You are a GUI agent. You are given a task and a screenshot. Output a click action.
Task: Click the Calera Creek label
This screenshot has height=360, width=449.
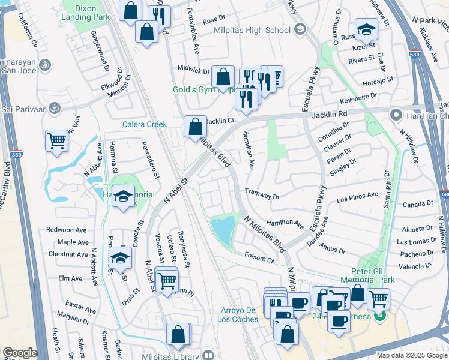coord(144,124)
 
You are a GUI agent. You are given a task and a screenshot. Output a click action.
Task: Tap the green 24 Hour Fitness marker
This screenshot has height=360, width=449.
coord(379,316)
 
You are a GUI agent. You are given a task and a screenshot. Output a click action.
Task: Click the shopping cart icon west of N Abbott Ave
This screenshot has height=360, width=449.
coord(56,141)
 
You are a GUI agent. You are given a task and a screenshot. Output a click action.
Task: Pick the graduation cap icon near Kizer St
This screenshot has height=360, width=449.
coord(366,28)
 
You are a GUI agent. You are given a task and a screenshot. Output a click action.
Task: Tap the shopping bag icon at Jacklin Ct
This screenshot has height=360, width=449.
coord(195,127)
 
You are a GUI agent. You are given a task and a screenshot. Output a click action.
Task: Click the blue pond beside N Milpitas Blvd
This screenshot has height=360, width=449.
coord(223,230)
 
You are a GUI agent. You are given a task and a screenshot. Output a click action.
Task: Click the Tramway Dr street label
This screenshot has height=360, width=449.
coord(262,196)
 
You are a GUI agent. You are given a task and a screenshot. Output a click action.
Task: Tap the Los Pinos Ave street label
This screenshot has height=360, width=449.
coord(358,196)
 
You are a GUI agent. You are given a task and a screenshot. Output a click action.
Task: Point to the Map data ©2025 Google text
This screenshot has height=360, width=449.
coord(412,355)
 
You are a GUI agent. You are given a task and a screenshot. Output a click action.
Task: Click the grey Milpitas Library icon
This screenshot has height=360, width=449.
coord(208,355)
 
